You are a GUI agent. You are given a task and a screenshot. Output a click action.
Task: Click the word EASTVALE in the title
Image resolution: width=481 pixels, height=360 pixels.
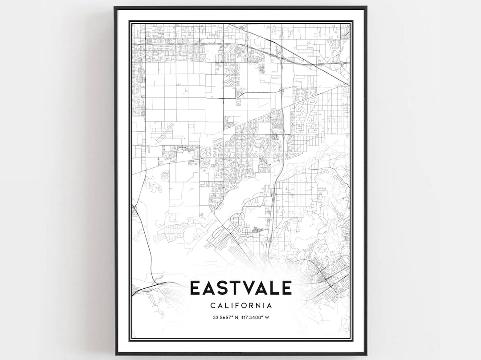point(240,288)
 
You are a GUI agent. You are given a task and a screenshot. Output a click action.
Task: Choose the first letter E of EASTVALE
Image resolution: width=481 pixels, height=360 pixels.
point(195,288)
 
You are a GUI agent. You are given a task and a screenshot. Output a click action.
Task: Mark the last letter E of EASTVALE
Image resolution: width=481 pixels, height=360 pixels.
point(286,288)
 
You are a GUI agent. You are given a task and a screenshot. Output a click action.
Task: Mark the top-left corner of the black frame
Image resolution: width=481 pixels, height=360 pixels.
point(115,7)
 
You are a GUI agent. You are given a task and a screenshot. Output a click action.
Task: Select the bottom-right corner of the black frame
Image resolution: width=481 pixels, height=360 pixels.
point(366,354)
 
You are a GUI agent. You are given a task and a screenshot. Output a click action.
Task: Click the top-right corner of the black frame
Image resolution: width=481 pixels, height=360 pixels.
point(366,7)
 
